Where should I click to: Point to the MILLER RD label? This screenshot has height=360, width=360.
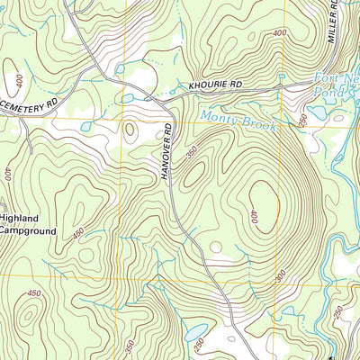click(x=333, y=22)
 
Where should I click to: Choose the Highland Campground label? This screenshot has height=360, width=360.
click(x=27, y=225)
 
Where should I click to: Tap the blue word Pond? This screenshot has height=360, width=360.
click(x=327, y=92)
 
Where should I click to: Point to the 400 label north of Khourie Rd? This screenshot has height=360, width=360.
click(x=278, y=32)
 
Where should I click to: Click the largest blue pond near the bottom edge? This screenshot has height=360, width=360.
click(x=196, y=332)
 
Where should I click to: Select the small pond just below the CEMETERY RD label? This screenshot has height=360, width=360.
click(x=85, y=127)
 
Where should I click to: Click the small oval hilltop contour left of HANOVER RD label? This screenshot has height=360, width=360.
click(x=130, y=130)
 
